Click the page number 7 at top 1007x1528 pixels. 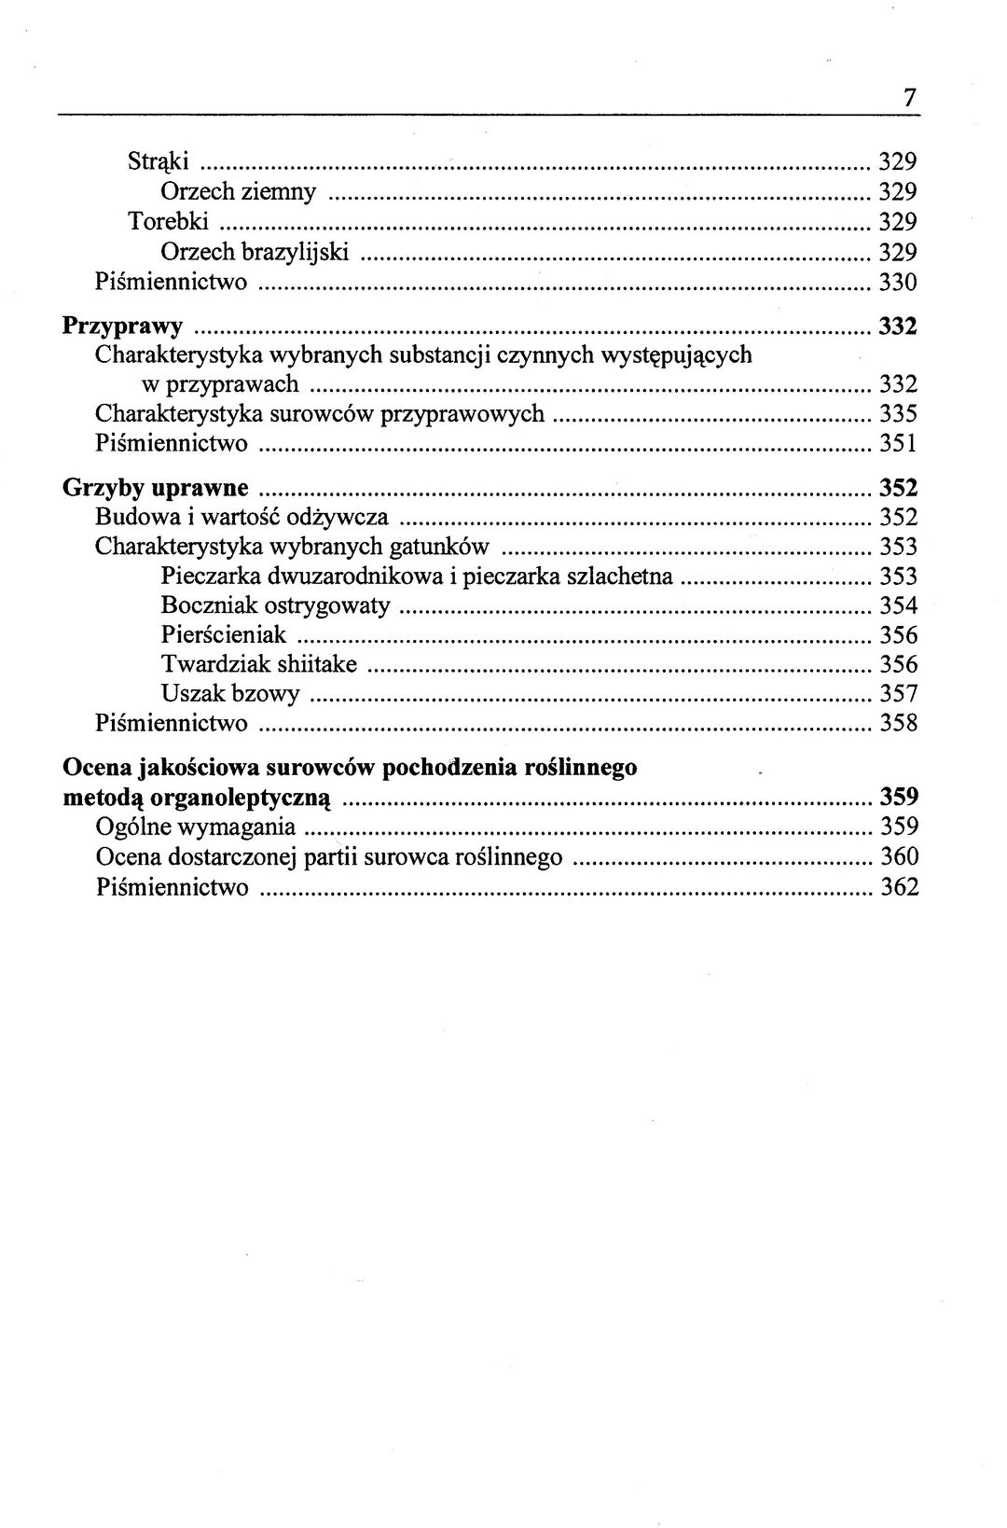tap(909, 97)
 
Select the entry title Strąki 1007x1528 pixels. tap(159, 162)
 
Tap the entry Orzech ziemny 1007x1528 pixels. tap(238, 192)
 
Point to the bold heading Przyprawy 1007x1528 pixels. tap(122, 326)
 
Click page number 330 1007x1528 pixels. tap(899, 282)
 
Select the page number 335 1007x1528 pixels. tap(899, 413)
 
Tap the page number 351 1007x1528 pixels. tap(899, 443)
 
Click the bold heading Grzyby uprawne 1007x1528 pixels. tap(155, 488)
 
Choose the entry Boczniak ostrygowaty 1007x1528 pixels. tap(275, 606)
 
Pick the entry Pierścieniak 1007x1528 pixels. tap(224, 635)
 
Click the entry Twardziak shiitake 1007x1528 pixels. tap(259, 665)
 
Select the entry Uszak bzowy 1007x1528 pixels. tap(230, 694)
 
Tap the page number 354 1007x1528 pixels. tap(899, 606)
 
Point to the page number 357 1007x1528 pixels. tap(899, 694)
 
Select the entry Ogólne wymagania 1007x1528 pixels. tap(196, 827)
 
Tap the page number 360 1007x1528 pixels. tap(899, 856)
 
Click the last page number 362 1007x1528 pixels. tap(899, 886)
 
